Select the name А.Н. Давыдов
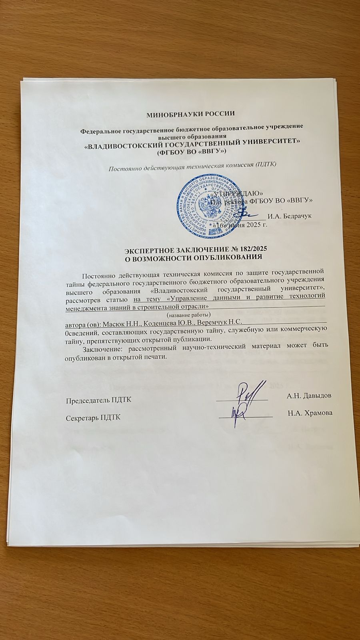309,396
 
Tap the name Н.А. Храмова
310,413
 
